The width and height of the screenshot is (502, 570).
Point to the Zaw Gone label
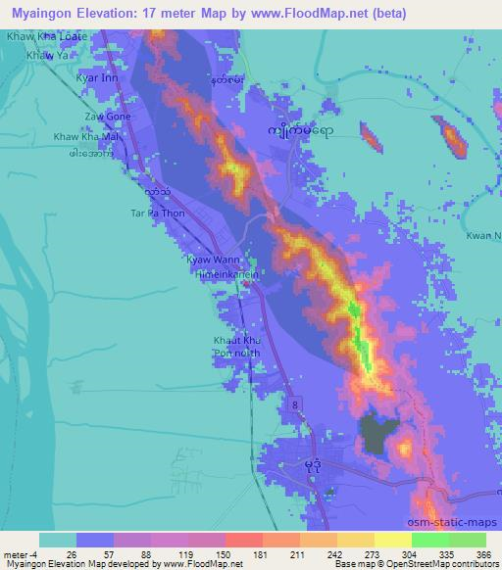coord(107,116)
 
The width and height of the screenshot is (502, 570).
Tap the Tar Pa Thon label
coord(152,212)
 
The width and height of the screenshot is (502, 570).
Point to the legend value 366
coord(483,554)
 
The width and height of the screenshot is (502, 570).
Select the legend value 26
coord(58,554)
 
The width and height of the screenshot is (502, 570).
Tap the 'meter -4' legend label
coord(20,554)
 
